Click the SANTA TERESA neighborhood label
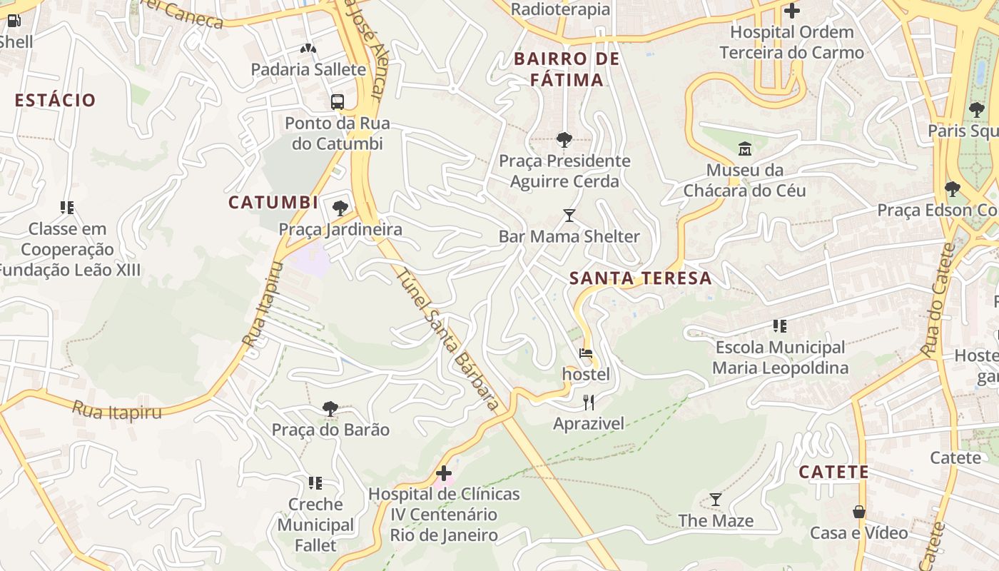click(641, 278)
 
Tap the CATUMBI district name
click(273, 203)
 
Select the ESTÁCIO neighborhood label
click(55, 101)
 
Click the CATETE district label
click(833, 472)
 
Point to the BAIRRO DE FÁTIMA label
click(567, 69)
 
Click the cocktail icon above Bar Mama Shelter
click(569, 215)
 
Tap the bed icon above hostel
click(586, 353)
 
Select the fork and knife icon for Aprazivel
click(589, 403)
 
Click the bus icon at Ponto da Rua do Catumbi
click(338, 101)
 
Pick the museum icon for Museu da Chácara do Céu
click(745, 148)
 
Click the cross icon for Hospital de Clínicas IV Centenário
click(444, 473)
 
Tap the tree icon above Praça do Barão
click(330, 409)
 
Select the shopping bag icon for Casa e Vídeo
click(859, 512)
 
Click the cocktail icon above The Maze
click(716, 500)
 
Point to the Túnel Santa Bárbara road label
click(447, 339)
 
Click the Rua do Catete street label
click(938, 300)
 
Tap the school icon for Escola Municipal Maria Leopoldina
click(780, 326)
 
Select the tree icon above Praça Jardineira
click(340, 208)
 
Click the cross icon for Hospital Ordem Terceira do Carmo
click(791, 11)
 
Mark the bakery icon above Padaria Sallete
click(308, 49)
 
